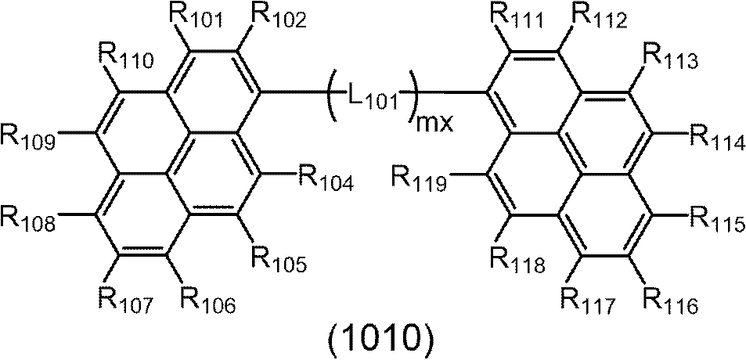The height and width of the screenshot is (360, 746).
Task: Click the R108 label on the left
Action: pos(28,220)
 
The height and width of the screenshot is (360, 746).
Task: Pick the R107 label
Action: pos(121,300)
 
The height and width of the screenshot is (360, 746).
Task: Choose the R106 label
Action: pos(207,300)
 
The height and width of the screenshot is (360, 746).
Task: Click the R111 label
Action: pos(514,17)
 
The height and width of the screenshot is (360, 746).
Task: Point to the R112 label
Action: pos(600,17)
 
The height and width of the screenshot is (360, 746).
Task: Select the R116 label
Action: pos(670,300)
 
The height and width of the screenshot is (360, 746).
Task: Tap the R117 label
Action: pos(587,300)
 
